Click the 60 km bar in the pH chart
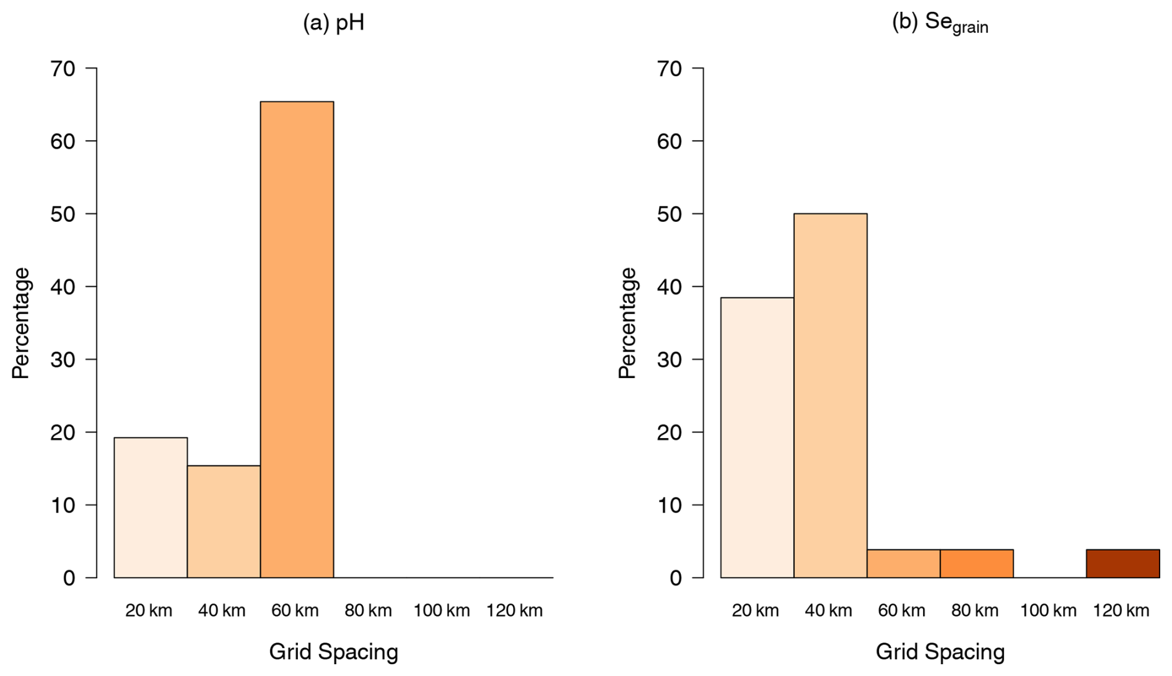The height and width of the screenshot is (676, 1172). point(297,340)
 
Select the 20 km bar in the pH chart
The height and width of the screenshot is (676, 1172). point(151,507)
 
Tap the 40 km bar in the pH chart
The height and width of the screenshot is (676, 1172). point(224,521)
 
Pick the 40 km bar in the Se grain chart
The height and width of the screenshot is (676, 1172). point(830,395)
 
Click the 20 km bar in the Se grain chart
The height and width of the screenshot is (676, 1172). point(757,437)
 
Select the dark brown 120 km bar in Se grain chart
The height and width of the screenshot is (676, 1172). point(1122,563)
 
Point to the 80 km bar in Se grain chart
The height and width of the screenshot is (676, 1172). point(976,563)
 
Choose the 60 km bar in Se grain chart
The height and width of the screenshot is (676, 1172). point(903,563)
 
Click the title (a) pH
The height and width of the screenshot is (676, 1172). point(333,23)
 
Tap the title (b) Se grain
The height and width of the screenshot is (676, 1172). point(939,23)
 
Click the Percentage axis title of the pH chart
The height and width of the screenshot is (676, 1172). point(20,323)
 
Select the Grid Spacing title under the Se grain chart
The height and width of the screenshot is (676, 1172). point(940,652)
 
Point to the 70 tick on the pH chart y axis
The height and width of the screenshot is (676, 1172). point(63,68)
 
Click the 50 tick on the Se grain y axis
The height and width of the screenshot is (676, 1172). point(669,214)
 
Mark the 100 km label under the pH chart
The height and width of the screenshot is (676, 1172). point(442,611)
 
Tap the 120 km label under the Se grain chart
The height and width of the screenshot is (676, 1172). point(1121,611)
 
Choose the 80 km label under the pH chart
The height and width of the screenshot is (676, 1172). point(368,611)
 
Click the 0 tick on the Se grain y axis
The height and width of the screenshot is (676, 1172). point(675,578)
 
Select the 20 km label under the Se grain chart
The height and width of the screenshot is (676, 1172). point(755,611)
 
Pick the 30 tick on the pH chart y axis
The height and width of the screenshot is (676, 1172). point(63,359)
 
